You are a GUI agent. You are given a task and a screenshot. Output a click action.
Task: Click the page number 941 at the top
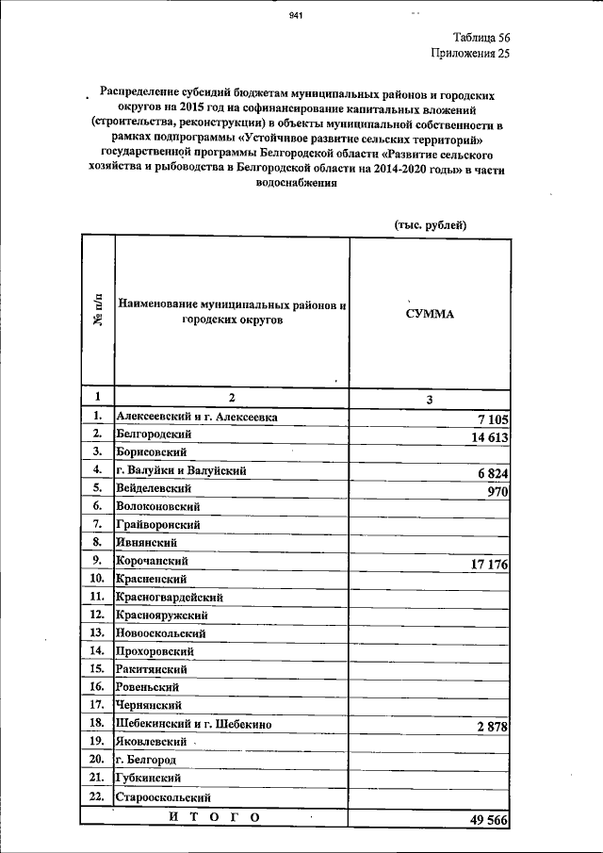click(x=296, y=15)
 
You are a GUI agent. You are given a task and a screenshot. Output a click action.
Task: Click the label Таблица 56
click(x=481, y=37)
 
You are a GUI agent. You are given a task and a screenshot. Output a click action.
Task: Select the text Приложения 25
click(x=470, y=54)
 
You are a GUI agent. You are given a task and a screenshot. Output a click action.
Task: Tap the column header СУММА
click(x=430, y=314)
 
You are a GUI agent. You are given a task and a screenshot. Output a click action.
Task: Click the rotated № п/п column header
click(x=97, y=311)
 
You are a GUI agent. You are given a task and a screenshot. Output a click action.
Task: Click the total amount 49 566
click(x=488, y=821)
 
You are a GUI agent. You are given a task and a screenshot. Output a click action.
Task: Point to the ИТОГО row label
click(x=214, y=816)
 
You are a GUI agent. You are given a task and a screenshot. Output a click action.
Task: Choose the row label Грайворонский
click(x=157, y=524)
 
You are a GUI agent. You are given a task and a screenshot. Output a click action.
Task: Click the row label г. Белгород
click(x=146, y=759)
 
